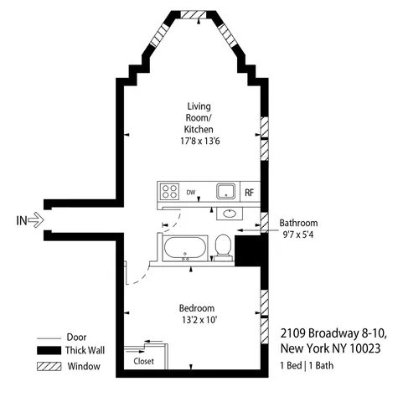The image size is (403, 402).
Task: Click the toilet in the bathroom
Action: point(223,245)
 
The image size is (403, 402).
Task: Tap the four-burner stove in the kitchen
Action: point(170,192)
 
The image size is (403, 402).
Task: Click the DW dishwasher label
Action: point(191,192)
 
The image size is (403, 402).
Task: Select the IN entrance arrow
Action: point(34,221)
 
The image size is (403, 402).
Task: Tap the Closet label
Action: point(144,361)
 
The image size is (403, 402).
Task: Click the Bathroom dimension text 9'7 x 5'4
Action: point(298,234)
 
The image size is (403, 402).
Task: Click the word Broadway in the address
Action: point(328,332)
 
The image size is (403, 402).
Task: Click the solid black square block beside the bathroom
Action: point(249,250)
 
